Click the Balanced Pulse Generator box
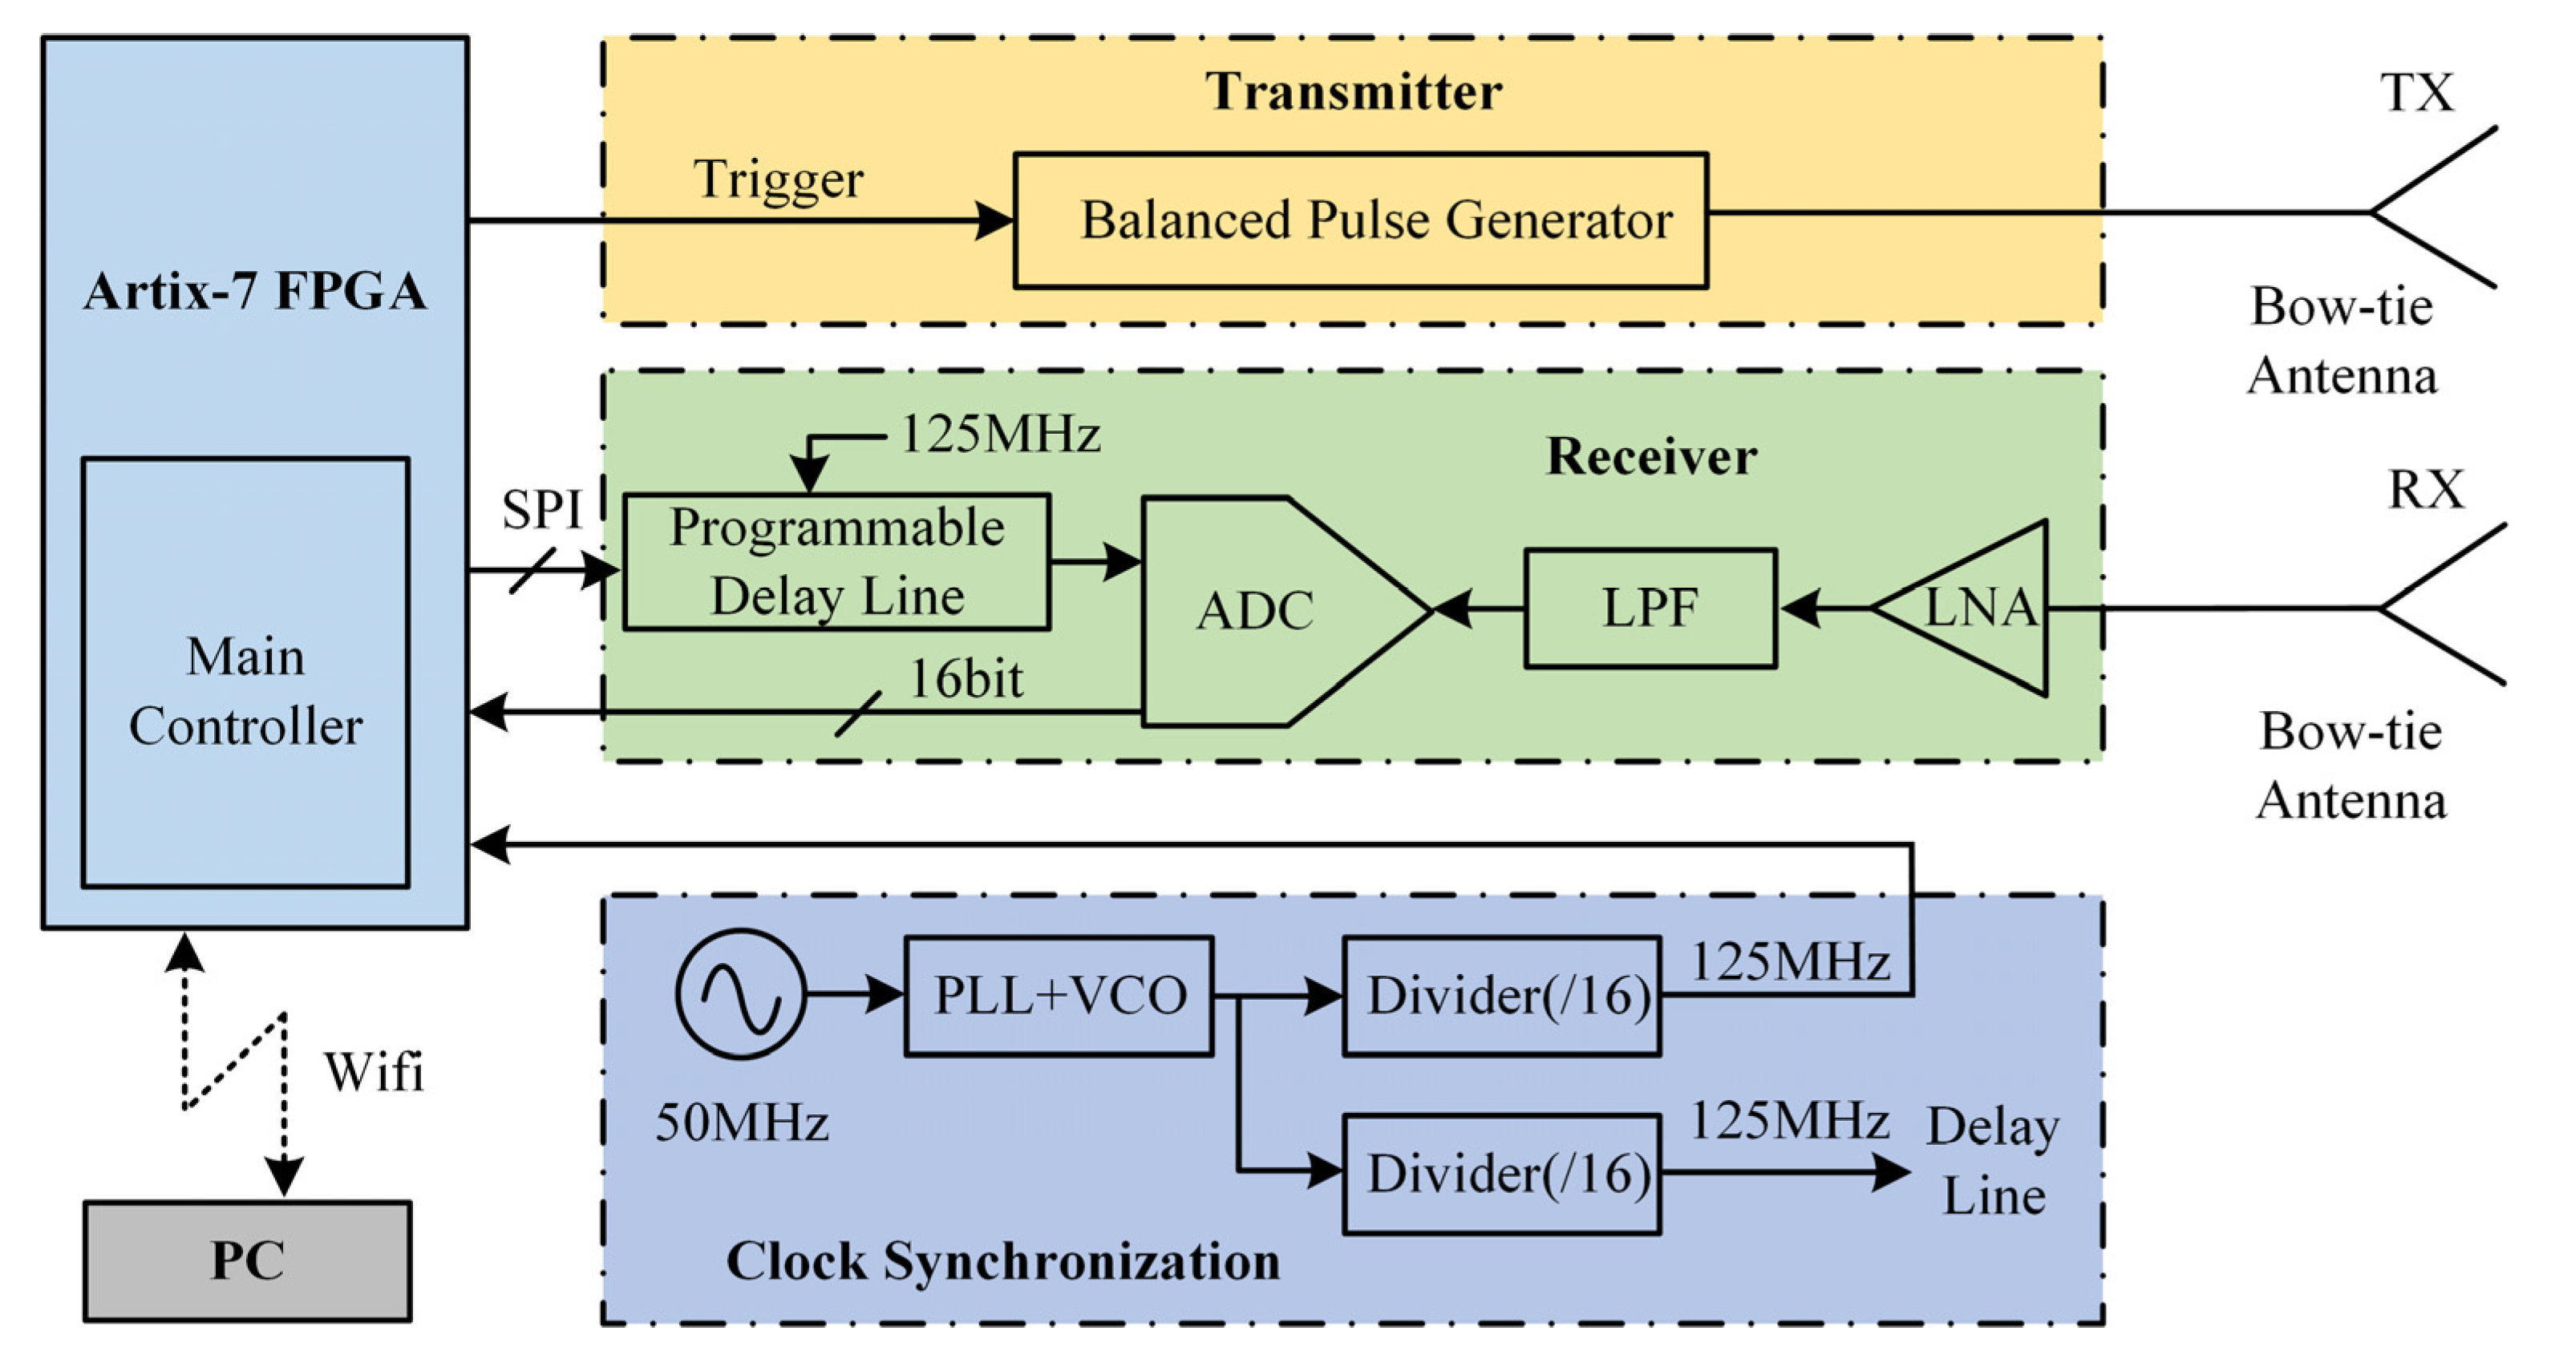(x=1360, y=220)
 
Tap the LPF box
(x=1650, y=608)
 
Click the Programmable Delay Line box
(x=836, y=562)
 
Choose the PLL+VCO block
(x=1059, y=995)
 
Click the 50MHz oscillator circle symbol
(x=740, y=994)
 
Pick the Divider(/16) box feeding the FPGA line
(x=1501, y=996)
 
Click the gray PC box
(x=247, y=1260)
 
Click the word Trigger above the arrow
(x=778, y=180)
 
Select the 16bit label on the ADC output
(x=965, y=681)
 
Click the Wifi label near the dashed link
(x=373, y=1073)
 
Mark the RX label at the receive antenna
(x=2426, y=490)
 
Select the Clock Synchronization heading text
(x=1003, y=1261)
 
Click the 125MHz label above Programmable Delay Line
(x=999, y=435)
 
